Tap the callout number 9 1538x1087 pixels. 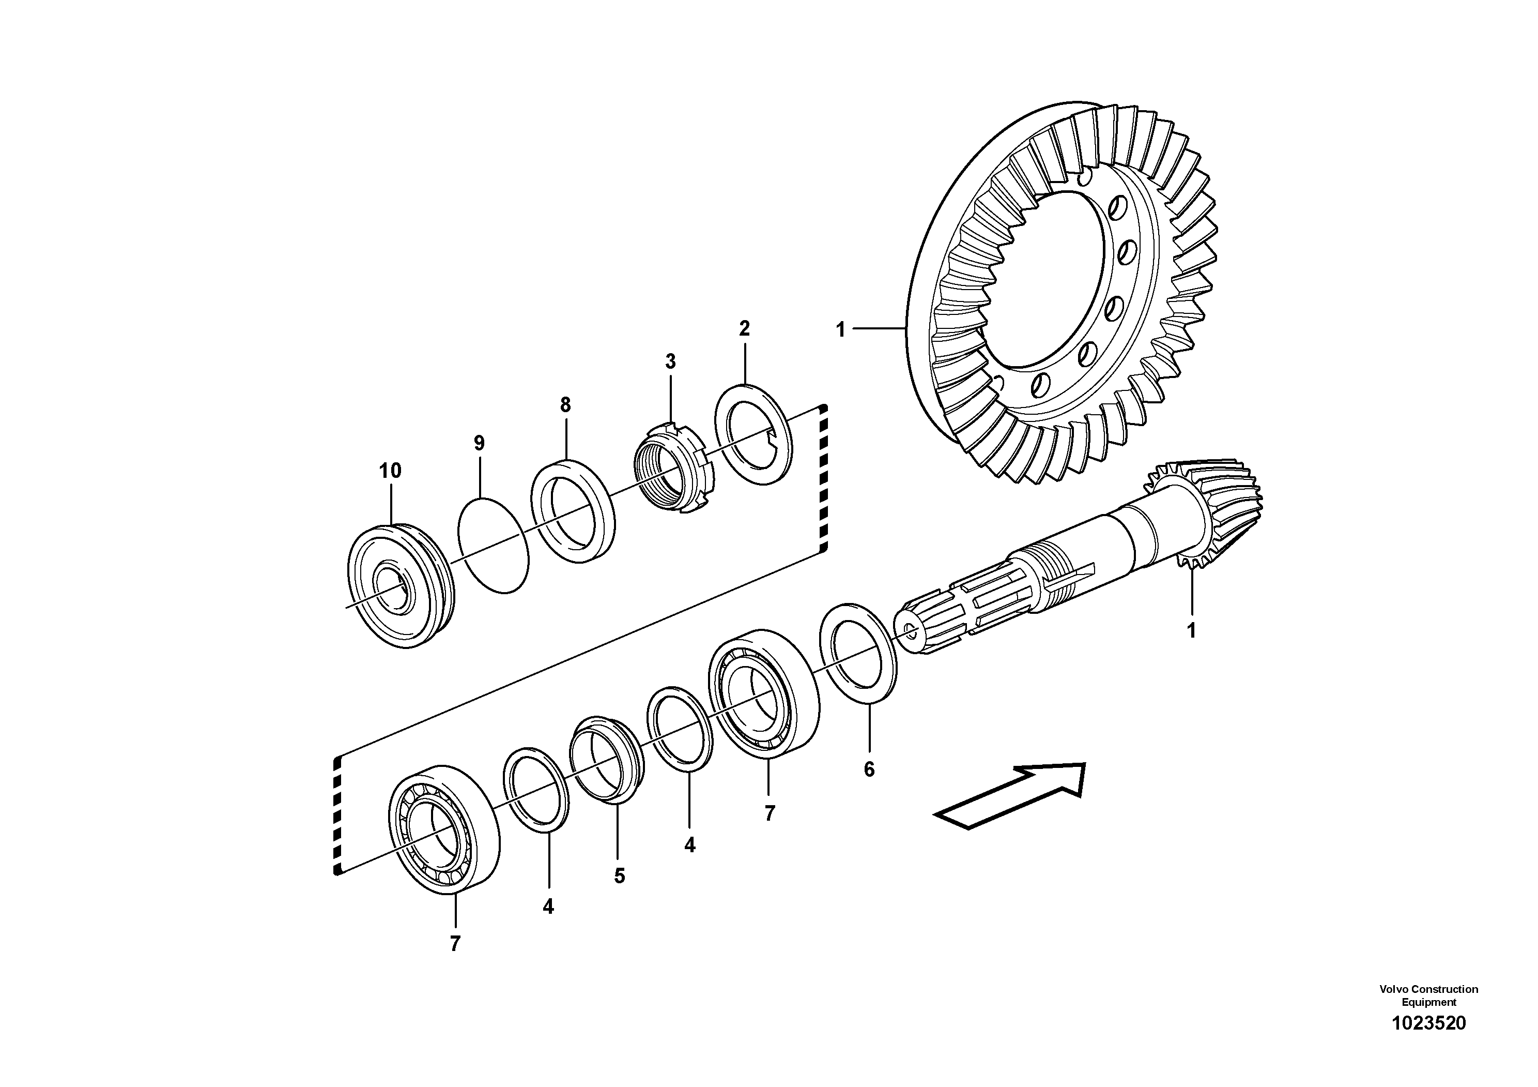pyautogui.click(x=479, y=443)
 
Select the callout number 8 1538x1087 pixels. pyautogui.click(x=565, y=405)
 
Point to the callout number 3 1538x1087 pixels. pyautogui.click(x=670, y=362)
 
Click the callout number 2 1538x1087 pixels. pyautogui.click(x=744, y=328)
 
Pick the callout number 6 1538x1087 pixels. pyautogui.click(x=869, y=769)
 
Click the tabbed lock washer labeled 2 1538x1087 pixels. pyautogui.click(x=753, y=435)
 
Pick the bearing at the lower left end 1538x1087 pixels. pyautogui.click(x=443, y=828)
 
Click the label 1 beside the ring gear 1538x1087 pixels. pyautogui.click(x=841, y=330)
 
